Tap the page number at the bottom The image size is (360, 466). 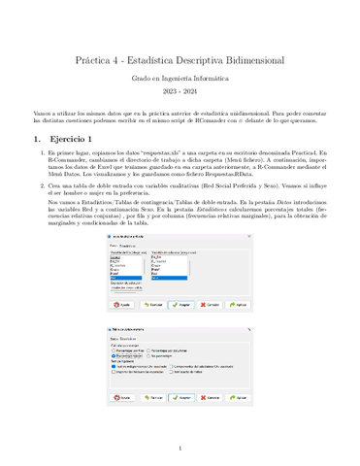click(x=180, y=449)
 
